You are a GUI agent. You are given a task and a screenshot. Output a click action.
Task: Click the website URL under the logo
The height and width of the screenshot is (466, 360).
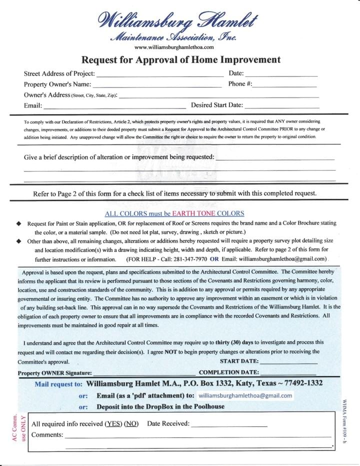pyautogui.click(x=174, y=47)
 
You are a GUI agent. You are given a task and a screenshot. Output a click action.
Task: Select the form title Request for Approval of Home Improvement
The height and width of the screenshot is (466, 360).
pyautogui.click(x=181, y=60)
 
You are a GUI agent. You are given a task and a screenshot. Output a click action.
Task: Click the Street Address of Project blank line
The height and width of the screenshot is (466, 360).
pyautogui.click(x=159, y=75)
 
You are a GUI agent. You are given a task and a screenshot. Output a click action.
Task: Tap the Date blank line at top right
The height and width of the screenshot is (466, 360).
pyautogui.click(x=282, y=75)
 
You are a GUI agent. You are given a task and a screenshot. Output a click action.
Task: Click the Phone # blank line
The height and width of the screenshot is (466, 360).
pyautogui.click(x=285, y=85)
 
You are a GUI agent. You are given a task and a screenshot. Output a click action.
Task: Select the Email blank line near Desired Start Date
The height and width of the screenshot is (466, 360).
pyautogui.click(x=114, y=106)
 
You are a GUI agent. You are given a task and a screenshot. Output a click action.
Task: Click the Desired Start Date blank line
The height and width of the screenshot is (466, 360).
pyautogui.click(x=282, y=106)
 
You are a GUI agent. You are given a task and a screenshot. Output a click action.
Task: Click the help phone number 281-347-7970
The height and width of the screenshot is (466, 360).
pyautogui.click(x=186, y=259)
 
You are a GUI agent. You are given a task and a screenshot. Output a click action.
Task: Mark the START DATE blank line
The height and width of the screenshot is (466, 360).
pyautogui.click(x=288, y=362)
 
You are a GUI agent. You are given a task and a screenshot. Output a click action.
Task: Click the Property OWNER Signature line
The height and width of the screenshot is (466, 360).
pyautogui.click(x=144, y=373)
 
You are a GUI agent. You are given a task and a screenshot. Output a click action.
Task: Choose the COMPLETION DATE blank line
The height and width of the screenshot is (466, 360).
pyautogui.click(x=288, y=373)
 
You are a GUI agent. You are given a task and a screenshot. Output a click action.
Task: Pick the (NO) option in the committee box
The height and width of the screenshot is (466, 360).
pyautogui.click(x=131, y=424)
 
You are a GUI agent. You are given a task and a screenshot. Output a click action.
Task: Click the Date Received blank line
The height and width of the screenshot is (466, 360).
pyautogui.click(x=229, y=424)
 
